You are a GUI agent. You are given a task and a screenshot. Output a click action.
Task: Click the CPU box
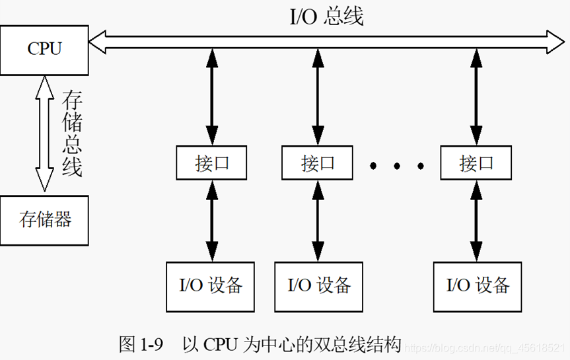[44, 50]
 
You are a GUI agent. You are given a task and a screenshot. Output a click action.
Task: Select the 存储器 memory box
[44, 220]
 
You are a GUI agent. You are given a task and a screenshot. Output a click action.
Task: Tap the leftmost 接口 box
[211, 162]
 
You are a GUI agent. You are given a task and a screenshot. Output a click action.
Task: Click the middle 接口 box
[317, 162]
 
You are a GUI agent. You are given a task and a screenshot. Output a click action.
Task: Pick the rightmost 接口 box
[476, 162]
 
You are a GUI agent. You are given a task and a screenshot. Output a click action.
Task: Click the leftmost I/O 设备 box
[210, 286]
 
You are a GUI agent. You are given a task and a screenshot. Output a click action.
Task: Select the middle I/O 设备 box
[318, 286]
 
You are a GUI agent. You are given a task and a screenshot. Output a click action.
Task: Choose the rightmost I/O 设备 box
[478, 286]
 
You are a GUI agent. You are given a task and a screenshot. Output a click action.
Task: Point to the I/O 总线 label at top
[327, 16]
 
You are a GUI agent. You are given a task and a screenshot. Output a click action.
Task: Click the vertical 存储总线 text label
[72, 134]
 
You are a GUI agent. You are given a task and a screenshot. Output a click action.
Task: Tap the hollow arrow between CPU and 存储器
[44, 134]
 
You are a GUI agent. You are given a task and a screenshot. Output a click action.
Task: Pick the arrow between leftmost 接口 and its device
[211, 220]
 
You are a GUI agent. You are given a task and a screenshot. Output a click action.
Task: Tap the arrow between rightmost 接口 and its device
[476, 220]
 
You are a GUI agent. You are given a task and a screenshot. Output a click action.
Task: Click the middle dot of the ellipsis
[396, 166]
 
